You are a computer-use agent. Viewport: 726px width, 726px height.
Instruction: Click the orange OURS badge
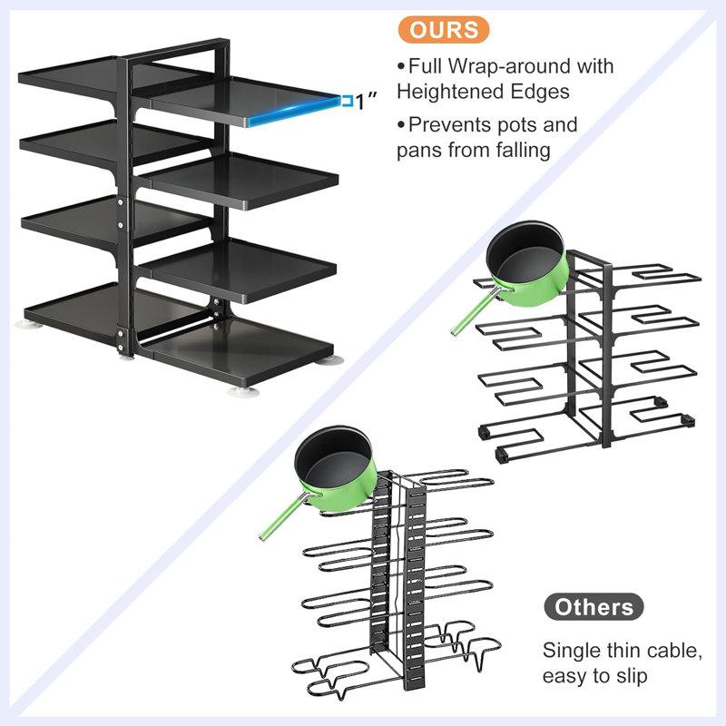(443, 29)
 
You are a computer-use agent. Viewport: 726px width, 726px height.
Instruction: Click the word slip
(630, 676)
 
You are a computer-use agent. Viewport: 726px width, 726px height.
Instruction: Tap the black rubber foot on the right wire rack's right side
(687, 420)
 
